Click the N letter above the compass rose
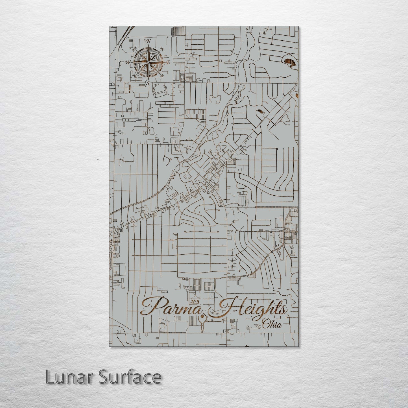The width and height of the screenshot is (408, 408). coord(148,42)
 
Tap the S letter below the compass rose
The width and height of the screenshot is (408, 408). coord(148,83)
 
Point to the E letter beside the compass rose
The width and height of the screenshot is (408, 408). coord(168,63)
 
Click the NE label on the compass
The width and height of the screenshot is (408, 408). coord(162,49)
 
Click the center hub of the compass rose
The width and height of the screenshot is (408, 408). coord(148,62)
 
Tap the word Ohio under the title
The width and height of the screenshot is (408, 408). coord(272,324)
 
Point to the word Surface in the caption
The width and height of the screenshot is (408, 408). coord(130,377)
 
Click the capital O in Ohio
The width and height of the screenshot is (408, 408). coord(266,325)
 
